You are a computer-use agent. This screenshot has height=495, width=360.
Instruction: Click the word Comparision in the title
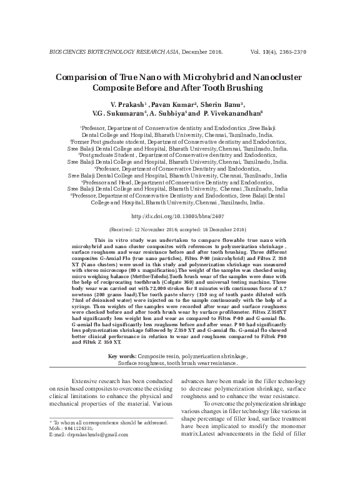tap(83, 76)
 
